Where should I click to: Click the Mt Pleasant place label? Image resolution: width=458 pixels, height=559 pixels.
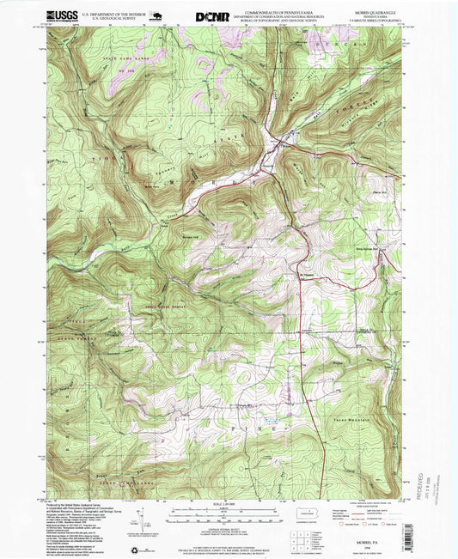[307, 274]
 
